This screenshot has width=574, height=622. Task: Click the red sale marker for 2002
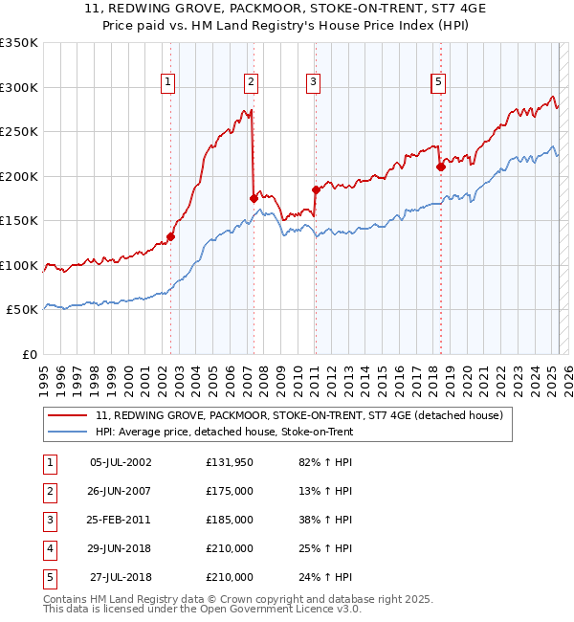tap(171, 236)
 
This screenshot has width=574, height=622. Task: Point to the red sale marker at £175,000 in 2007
tap(254, 198)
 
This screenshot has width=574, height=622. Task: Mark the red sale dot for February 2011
tap(315, 189)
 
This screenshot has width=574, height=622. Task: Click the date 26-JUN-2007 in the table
tap(121, 492)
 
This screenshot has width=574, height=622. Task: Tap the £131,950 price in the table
tap(230, 463)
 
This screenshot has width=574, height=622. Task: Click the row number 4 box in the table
tap(49, 549)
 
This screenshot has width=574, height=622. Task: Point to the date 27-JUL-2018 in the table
tap(121, 578)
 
